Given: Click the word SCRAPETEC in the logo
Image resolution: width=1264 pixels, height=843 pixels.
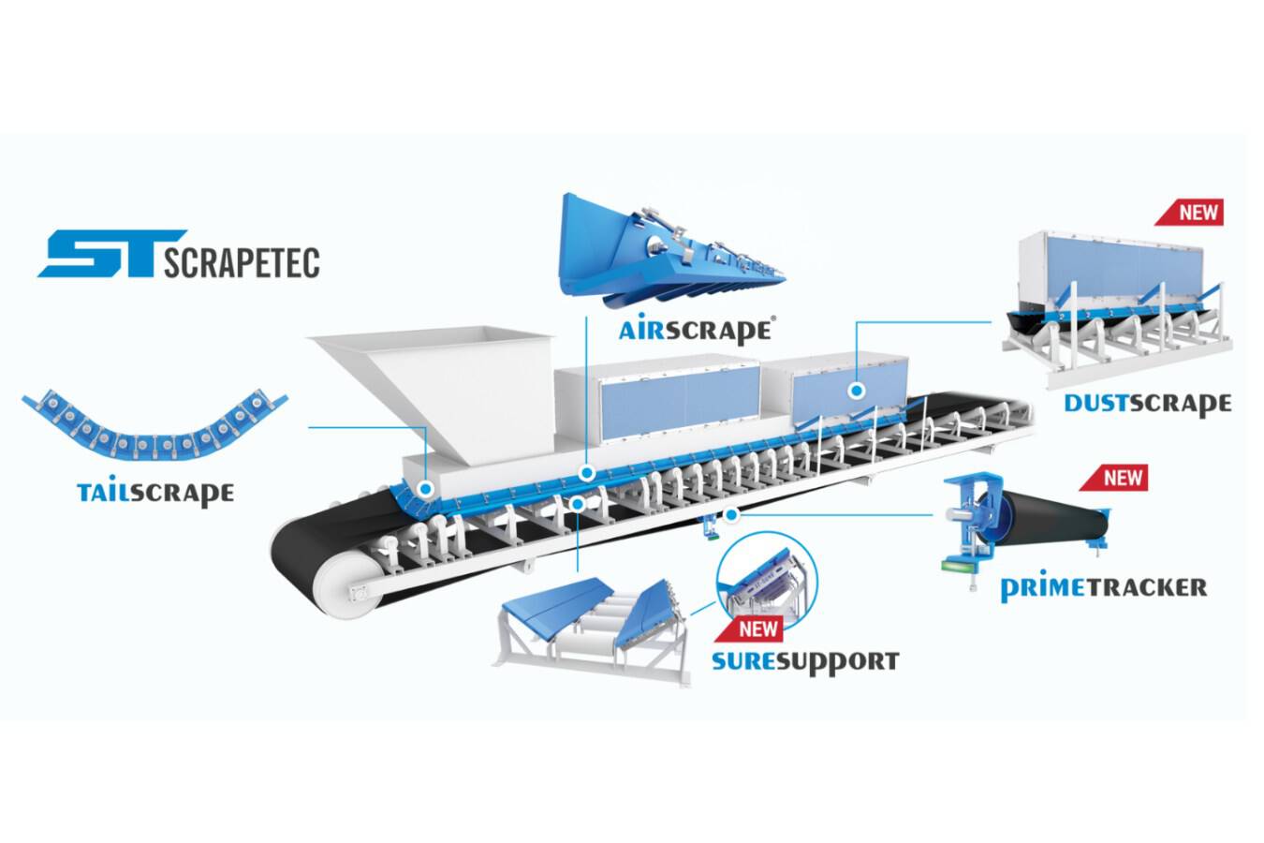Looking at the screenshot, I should point(242,261).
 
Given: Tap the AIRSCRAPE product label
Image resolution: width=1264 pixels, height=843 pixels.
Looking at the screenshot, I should point(696,330).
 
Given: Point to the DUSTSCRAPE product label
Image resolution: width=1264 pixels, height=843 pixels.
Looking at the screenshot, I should point(1147,404).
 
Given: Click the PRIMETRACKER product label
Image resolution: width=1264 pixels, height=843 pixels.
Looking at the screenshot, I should point(1103,587).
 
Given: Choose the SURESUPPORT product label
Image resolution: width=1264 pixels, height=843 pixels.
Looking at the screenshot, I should point(805,661).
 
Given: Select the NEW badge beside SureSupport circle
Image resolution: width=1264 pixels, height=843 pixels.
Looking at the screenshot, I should point(757,628).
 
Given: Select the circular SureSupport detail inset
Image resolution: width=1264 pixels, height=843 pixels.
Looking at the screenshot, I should point(767,581).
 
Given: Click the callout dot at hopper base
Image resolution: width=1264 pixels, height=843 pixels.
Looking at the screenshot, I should point(425,488).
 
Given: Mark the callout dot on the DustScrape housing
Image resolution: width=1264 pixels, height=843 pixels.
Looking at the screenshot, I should point(856,391).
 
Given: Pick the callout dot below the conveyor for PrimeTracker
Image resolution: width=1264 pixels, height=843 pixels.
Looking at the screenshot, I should point(731,513).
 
